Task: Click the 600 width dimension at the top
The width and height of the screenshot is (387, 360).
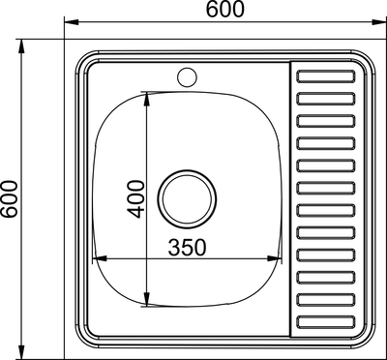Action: (223, 11)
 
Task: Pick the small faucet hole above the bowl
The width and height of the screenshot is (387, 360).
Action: (187, 75)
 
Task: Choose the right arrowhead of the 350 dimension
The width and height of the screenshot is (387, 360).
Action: (279, 258)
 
